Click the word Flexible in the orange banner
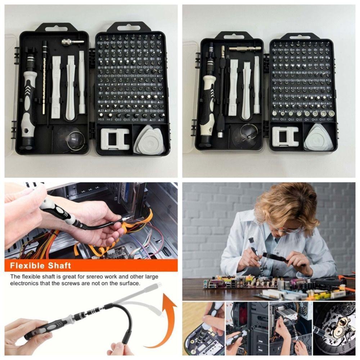(27, 266)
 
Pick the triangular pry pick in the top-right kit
(318, 138)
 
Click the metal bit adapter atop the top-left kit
(72, 42)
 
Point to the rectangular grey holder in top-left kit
(115, 139)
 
